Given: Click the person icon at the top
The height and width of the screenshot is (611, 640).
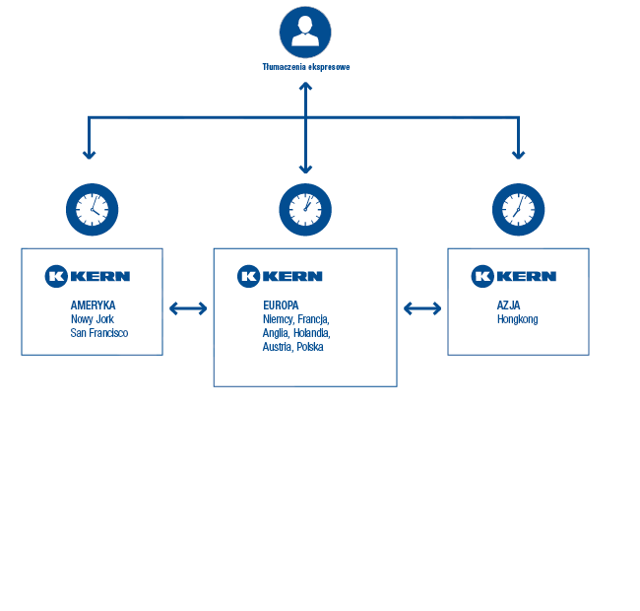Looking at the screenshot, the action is [x=305, y=33].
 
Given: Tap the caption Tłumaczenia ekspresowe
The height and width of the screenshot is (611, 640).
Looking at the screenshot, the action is [x=306, y=67].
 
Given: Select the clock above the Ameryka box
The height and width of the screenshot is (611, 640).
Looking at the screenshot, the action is [x=93, y=210].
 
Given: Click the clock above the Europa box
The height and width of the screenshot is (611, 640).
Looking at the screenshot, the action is [x=305, y=210].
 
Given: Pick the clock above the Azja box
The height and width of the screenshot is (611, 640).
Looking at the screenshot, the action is [x=518, y=210].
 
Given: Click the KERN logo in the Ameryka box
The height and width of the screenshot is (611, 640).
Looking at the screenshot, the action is [x=88, y=277].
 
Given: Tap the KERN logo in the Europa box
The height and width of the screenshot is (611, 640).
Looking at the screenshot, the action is [x=280, y=277].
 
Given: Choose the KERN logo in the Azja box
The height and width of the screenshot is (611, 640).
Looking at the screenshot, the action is [x=514, y=277].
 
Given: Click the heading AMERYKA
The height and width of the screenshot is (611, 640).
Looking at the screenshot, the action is [x=94, y=305].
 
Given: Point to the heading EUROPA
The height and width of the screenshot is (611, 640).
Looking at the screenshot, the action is [x=281, y=305].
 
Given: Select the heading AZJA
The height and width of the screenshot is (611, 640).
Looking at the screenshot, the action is [x=509, y=305].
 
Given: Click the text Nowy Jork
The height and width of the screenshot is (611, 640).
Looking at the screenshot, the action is [x=93, y=319].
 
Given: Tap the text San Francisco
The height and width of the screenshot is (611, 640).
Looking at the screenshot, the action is [x=99, y=333].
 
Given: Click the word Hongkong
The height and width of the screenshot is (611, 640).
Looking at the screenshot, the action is [x=518, y=319].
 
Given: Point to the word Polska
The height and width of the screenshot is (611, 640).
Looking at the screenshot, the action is [x=310, y=347].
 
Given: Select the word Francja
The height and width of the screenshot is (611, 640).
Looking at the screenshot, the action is [x=313, y=319].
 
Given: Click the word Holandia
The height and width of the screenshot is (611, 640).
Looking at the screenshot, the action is [x=312, y=333].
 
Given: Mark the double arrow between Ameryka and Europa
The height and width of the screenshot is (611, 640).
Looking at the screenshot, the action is [x=188, y=308].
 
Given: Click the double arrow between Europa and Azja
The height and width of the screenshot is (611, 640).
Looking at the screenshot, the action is [x=422, y=308].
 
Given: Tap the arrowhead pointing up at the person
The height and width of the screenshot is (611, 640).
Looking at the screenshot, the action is [x=305, y=86].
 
